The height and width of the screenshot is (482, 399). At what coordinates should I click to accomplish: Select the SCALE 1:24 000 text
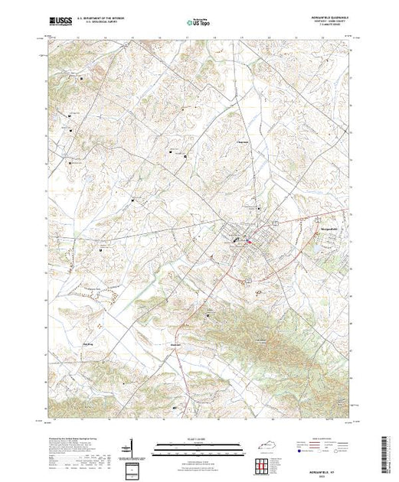click(x=198, y=438)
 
